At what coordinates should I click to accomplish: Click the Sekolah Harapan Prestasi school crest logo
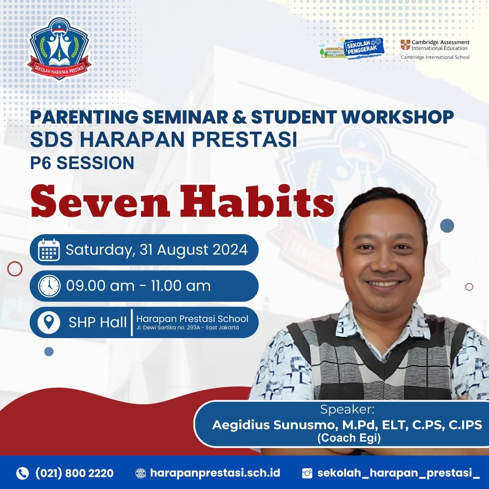[59, 48]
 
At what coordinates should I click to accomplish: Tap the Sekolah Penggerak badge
[351, 48]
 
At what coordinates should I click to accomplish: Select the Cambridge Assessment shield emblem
[405, 45]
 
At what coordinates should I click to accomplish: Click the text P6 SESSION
[82, 163]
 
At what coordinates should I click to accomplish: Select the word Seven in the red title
[100, 202]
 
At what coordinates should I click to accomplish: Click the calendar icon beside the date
[49, 250]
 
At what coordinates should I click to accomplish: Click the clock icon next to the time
[49, 286]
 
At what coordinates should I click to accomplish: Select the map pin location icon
[49, 322]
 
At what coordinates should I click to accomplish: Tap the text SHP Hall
[97, 322]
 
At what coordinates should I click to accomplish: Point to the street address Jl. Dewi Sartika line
[188, 328]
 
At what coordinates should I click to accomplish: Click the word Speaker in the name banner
[347, 409]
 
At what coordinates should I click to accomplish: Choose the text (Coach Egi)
[349, 438]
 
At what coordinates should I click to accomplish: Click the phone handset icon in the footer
[22, 473]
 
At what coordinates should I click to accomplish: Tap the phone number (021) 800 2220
[74, 473]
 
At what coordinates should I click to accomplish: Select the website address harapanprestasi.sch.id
[215, 473]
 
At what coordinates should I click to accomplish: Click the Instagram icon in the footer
[307, 473]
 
